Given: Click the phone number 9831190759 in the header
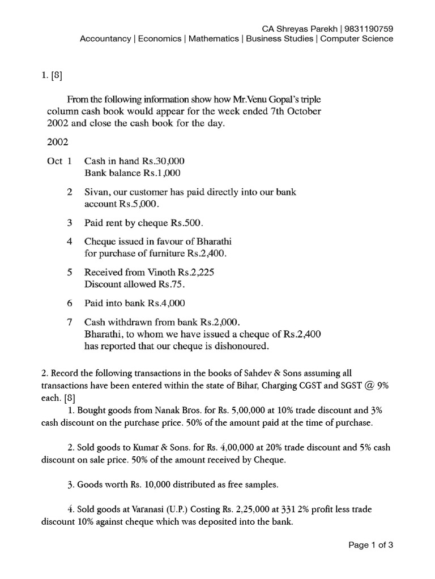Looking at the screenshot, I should tap(368, 28).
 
